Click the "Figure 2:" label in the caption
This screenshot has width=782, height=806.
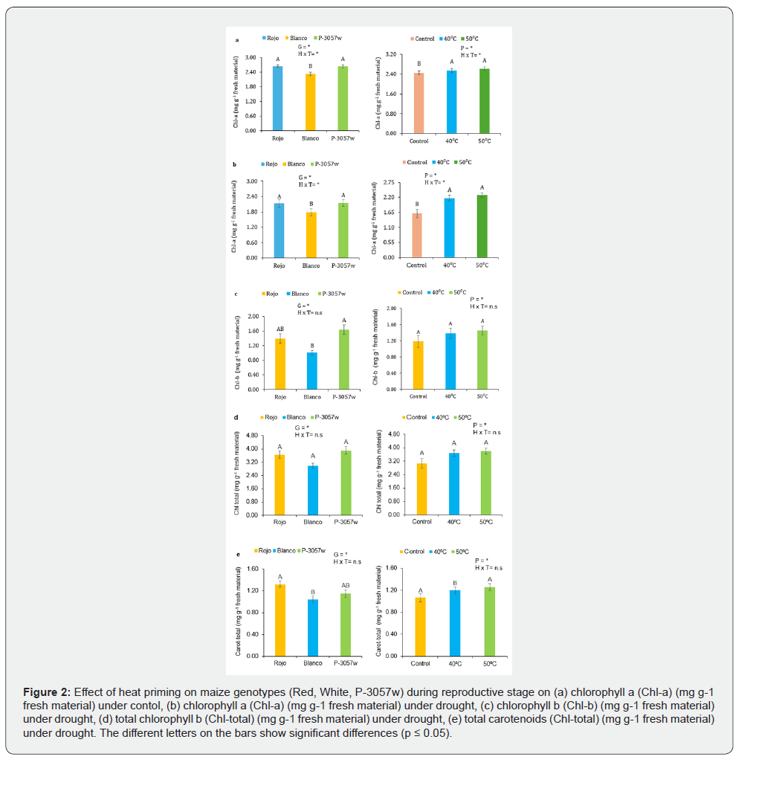[x=48, y=692]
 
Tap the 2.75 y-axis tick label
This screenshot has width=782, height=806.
[x=388, y=182]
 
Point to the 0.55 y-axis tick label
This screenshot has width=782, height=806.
[x=388, y=242]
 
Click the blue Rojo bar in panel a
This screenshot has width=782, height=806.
[x=277, y=98]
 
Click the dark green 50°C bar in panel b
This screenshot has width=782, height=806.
[x=482, y=226]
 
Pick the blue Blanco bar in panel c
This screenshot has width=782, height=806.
[x=312, y=370]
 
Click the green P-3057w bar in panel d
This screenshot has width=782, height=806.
[x=346, y=483]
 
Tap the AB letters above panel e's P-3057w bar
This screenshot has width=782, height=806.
[x=346, y=585]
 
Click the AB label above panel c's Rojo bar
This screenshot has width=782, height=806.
[x=280, y=329]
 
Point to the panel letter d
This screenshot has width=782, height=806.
[x=236, y=416]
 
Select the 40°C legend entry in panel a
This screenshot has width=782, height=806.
[x=448, y=38]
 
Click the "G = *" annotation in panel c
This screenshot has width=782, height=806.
[x=304, y=306]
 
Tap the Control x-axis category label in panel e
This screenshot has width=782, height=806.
[x=420, y=663]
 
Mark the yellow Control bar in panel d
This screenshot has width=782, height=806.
[x=422, y=489]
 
